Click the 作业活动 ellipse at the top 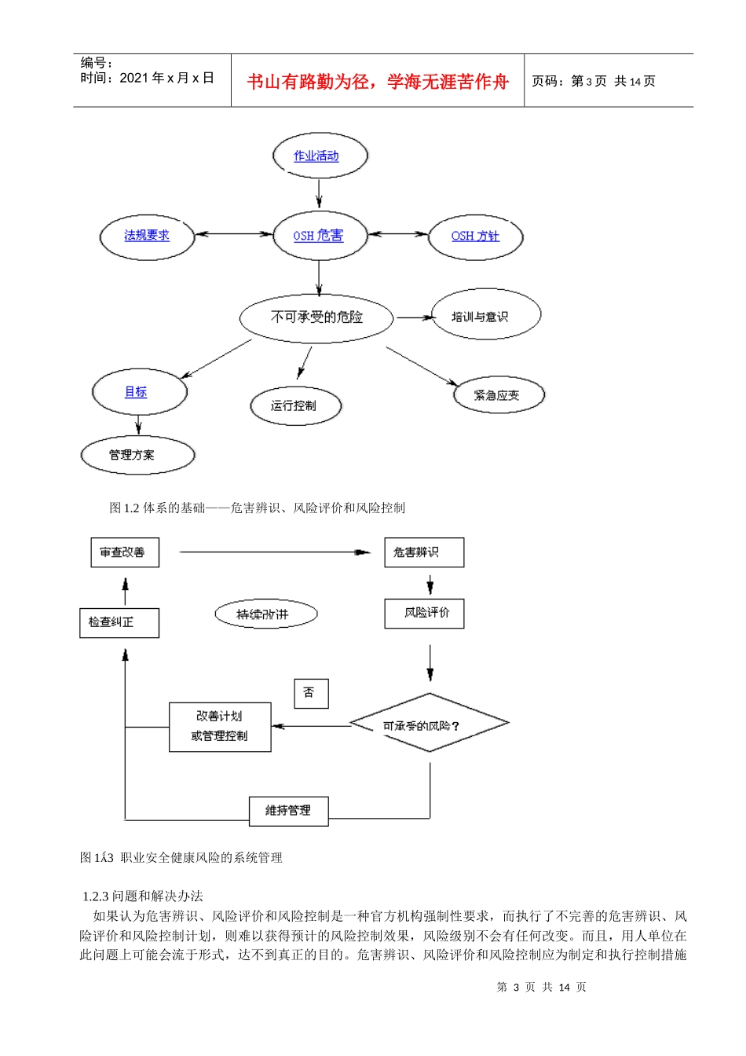click(x=320, y=156)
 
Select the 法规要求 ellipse click(x=147, y=236)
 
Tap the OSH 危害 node click(x=320, y=236)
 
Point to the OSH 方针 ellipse click(x=475, y=236)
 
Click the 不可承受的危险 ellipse click(x=316, y=317)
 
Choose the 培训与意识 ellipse click(x=485, y=316)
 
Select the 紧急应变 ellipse click(x=499, y=394)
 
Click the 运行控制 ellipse click(x=294, y=406)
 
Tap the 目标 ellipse click(x=139, y=391)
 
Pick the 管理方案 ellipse click(x=137, y=455)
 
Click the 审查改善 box click(x=125, y=552)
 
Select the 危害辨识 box click(x=424, y=552)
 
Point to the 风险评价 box click(x=424, y=613)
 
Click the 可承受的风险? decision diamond click(x=429, y=724)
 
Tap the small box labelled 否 click(x=310, y=692)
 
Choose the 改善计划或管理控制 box click(x=220, y=727)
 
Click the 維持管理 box click(x=288, y=811)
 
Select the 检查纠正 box click(x=119, y=622)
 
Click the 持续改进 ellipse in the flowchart click(x=265, y=614)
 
